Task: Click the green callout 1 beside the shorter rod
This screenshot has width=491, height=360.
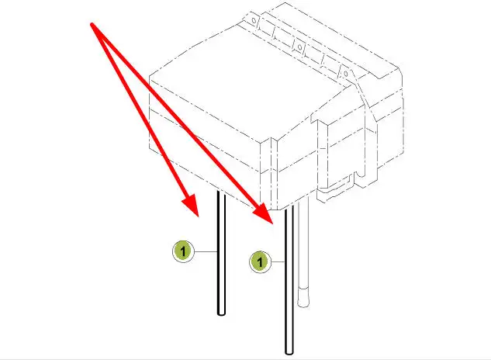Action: [x=183, y=251]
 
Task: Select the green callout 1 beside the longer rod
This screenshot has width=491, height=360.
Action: [x=260, y=262]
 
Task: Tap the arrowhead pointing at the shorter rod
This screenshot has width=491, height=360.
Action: [x=191, y=205]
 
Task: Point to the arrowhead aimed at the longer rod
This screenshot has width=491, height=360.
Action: [x=265, y=213]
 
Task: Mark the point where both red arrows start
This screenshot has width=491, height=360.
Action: [x=92, y=24]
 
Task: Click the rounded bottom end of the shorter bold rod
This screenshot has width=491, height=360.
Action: [x=221, y=313]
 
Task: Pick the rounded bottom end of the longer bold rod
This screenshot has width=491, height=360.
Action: [x=289, y=352]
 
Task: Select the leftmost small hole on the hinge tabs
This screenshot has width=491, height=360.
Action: [x=254, y=21]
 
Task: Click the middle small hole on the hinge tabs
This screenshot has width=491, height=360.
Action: [x=299, y=47]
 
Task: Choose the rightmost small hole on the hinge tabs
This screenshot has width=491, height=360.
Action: [x=345, y=74]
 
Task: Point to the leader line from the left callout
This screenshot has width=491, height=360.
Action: [x=206, y=251]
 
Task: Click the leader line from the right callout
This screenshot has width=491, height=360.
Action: [x=278, y=261]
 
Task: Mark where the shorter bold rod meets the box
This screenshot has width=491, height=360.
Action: [x=221, y=192]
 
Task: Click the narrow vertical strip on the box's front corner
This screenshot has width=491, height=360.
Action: [x=274, y=173]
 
